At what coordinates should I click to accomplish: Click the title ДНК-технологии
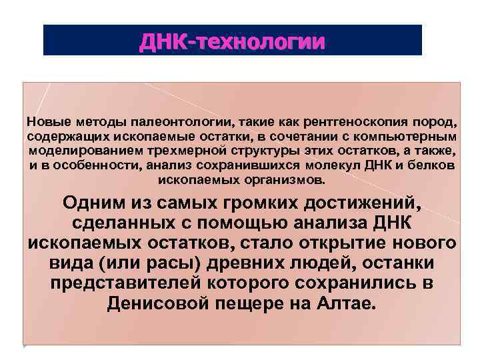pyautogui.click(x=233, y=41)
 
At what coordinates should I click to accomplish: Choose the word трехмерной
pyautogui.click(x=166, y=151)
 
